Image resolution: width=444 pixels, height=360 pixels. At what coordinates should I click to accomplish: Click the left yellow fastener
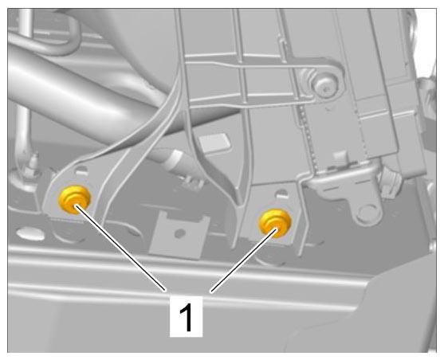(x=74, y=200)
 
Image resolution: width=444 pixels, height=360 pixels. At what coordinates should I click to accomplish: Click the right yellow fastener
(x=275, y=223)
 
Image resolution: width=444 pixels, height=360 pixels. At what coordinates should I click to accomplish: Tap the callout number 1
(x=186, y=317)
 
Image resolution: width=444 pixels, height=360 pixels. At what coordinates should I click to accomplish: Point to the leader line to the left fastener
(x=120, y=248)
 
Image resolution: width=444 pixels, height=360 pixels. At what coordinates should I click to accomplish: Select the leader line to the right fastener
(x=243, y=260)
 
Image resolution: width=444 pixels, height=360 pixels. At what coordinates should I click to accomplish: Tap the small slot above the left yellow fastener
(x=82, y=170)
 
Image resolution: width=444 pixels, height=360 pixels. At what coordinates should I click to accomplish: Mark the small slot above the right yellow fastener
(x=281, y=194)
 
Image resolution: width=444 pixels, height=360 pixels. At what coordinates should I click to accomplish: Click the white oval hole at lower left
(x=30, y=234)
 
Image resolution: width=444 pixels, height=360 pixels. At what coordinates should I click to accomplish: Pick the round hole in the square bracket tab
(x=180, y=233)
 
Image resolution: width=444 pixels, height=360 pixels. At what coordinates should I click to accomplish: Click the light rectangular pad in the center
(x=214, y=142)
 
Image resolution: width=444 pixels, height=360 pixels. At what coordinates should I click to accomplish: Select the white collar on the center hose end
(x=173, y=160)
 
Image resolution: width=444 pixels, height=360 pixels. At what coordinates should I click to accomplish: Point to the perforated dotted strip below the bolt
(x=307, y=135)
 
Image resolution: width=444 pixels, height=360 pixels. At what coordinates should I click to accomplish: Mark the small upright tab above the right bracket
(x=340, y=158)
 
